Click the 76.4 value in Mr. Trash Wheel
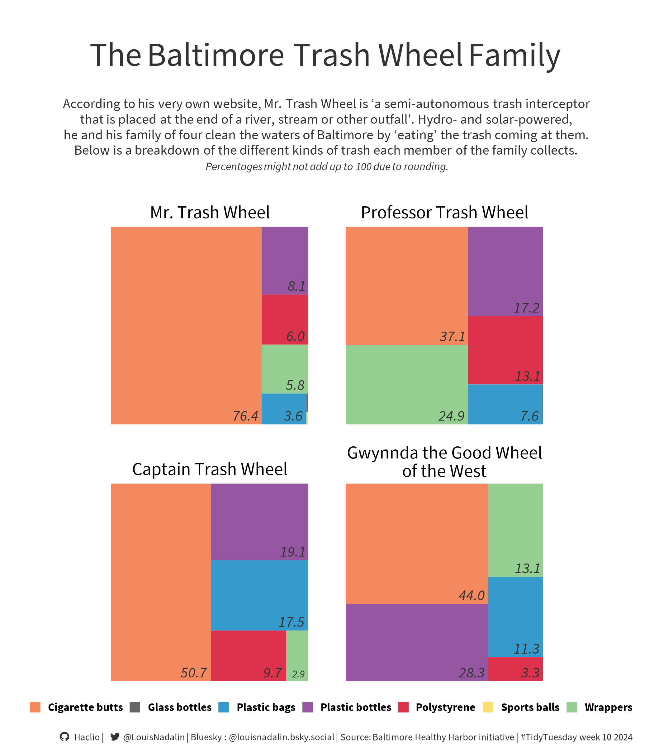tap(245, 416)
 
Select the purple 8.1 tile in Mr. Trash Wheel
tap(285, 261)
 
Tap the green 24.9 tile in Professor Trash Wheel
tap(406, 384)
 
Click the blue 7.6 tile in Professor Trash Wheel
tap(505, 404)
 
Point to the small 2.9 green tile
tap(297, 656)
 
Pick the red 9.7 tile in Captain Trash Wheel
tap(248, 656)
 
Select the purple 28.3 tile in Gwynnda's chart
tap(416, 642)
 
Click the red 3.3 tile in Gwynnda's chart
tap(515, 669)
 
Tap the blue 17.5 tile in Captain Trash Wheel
tap(259, 595)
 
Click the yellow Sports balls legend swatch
tap(488, 707)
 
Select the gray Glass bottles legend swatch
tap(135, 707)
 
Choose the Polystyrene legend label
tap(445, 707)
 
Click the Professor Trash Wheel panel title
tap(444, 213)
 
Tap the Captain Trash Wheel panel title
tap(210, 469)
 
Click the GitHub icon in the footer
tap(64, 737)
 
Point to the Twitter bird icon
tap(115, 737)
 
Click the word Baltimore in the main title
tap(216, 55)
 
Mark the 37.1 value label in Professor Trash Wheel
tap(452, 336)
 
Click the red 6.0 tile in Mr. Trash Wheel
tap(285, 319)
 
